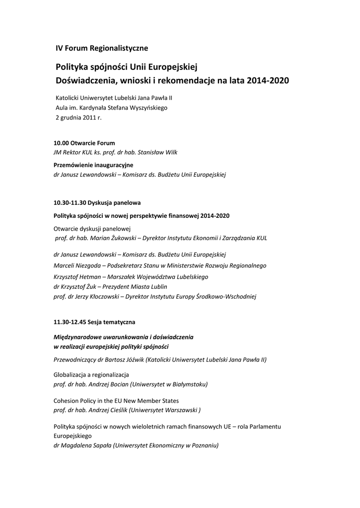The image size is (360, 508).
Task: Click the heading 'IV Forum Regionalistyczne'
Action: [101, 48]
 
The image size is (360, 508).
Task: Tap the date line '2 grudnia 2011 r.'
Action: [78, 118]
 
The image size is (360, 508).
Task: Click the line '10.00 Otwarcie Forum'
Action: [84, 143]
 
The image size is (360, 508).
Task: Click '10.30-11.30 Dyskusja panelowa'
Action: [97, 202]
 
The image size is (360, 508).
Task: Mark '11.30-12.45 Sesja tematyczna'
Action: [94, 322]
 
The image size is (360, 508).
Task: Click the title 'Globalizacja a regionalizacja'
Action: [91, 375]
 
